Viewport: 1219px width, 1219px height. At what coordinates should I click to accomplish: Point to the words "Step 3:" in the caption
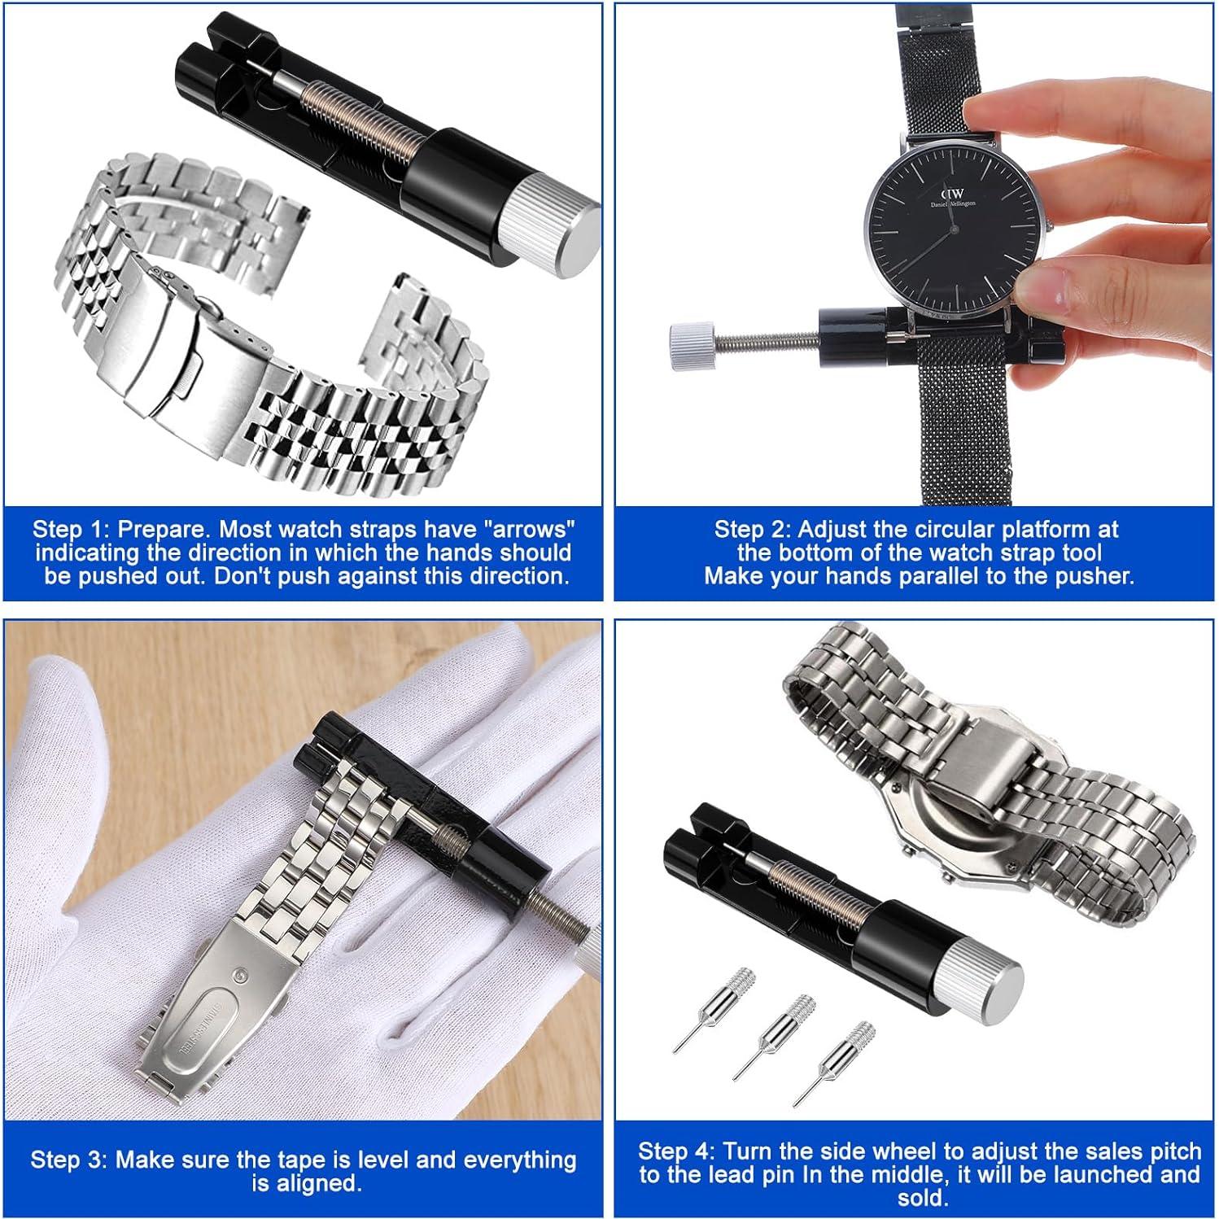pyautogui.click(x=69, y=1160)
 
